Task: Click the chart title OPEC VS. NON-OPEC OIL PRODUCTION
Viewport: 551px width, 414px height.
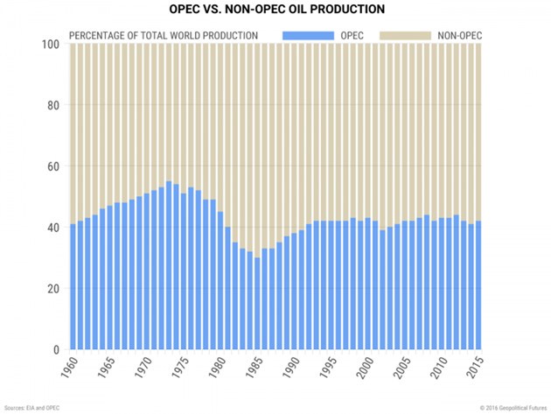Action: (x=275, y=11)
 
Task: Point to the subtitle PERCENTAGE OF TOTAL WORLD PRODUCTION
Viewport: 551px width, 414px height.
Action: (x=164, y=35)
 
